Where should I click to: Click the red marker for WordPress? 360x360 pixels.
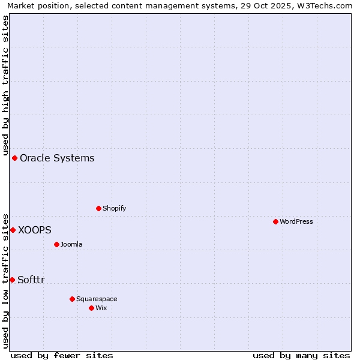(275, 221)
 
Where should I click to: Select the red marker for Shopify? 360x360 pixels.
(98, 208)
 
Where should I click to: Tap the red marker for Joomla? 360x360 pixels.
(56, 244)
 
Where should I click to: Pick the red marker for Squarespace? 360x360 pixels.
(72, 299)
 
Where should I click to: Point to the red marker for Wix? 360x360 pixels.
(91, 308)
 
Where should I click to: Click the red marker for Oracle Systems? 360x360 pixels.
(14, 158)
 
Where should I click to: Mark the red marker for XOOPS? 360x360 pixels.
(13, 230)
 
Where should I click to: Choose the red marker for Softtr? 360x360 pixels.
(12, 280)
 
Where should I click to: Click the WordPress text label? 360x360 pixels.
(296, 221)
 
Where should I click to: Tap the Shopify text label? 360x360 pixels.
(114, 208)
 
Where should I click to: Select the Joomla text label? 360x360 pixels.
(71, 244)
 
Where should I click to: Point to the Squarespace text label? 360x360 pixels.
(97, 299)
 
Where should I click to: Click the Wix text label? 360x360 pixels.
(101, 308)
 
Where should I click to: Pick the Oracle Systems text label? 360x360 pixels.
(57, 158)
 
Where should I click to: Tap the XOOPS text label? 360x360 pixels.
(34, 230)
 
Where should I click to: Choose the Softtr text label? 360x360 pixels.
(31, 280)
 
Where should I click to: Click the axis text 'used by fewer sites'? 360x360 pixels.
(62, 355)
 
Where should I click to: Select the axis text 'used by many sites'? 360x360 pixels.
(301, 355)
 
